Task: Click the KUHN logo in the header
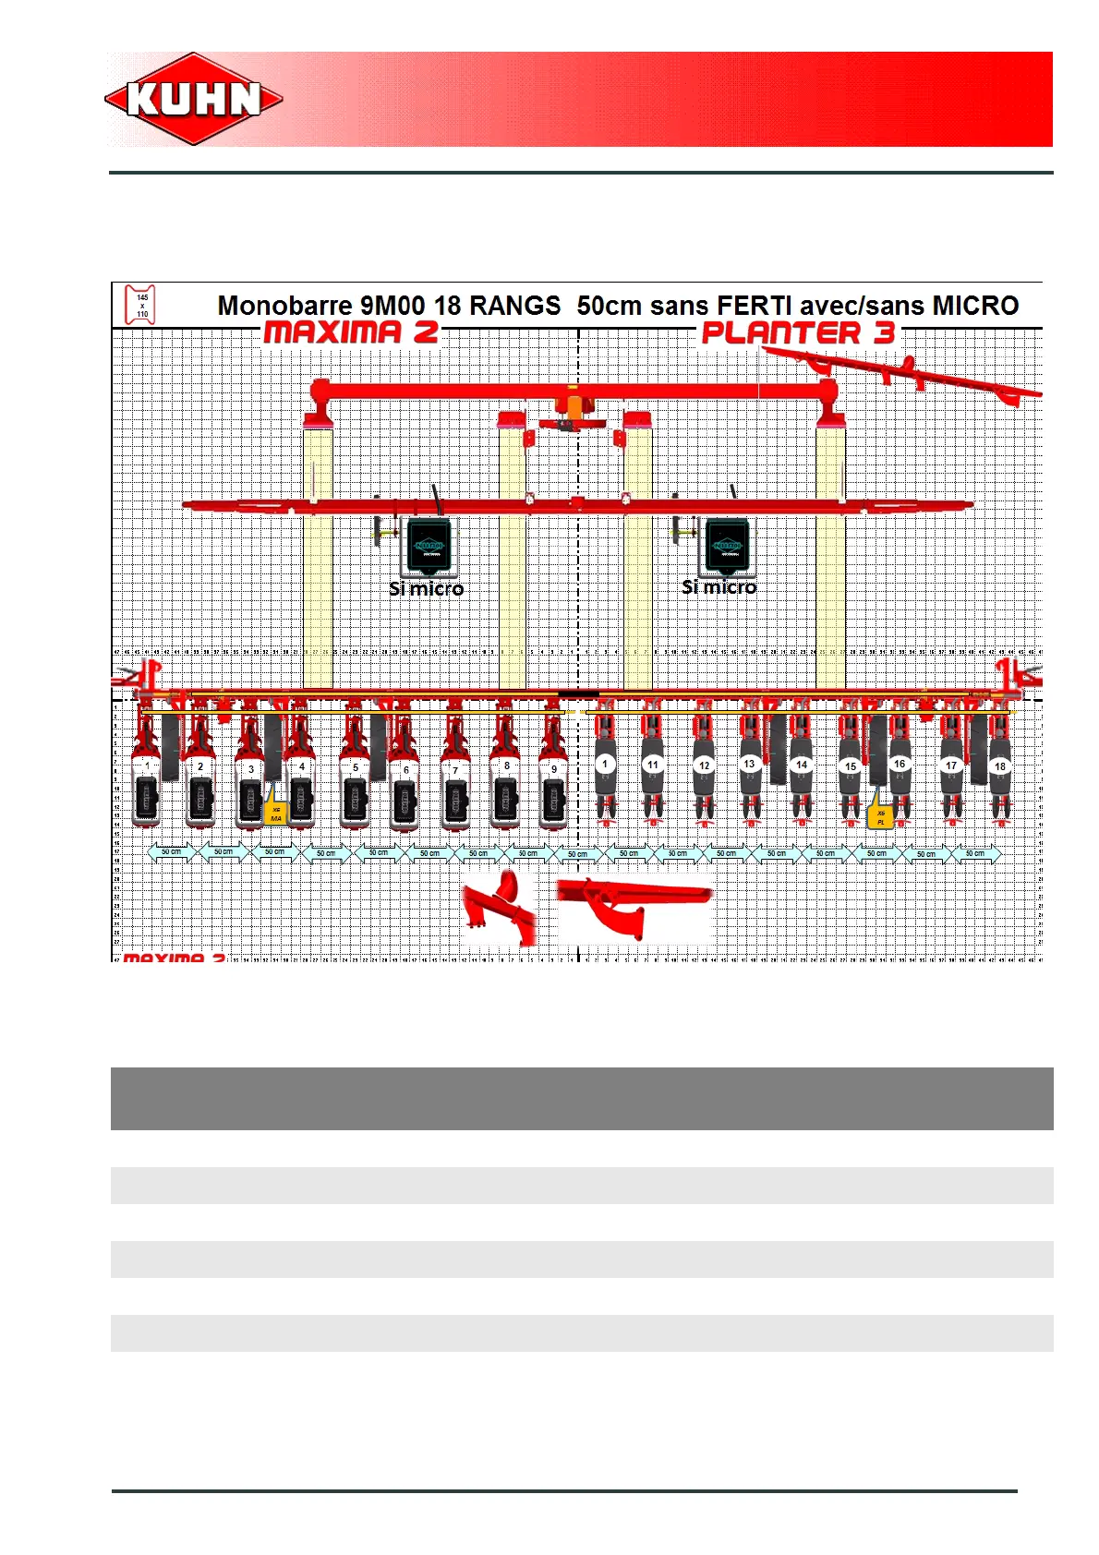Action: tap(194, 99)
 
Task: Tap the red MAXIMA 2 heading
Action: tap(351, 332)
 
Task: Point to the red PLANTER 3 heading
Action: tap(798, 333)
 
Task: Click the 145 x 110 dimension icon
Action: tap(141, 305)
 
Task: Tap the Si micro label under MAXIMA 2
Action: tap(426, 588)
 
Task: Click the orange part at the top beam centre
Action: tap(574, 405)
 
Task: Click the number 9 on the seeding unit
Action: tap(554, 768)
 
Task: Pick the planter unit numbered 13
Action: tap(750, 771)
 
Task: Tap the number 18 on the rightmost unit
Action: tap(999, 766)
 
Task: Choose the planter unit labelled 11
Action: tap(653, 771)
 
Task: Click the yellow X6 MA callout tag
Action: tap(276, 814)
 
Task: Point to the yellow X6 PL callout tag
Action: tap(880, 816)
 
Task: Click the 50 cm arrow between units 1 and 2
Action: tap(172, 851)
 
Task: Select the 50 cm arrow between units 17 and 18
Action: tap(975, 853)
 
